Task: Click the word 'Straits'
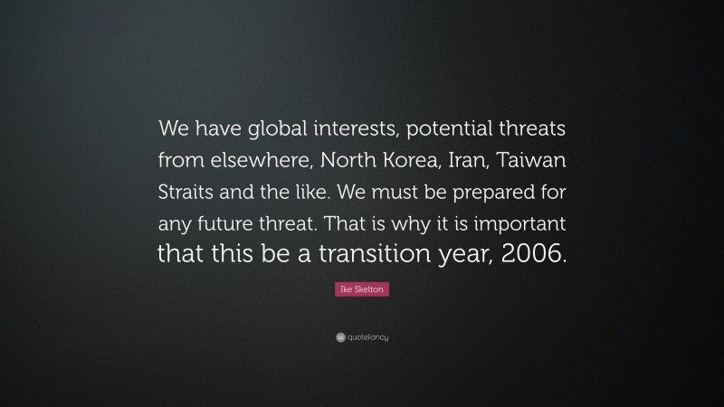pyautogui.click(x=191, y=191)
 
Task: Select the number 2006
pyautogui.click(x=538, y=254)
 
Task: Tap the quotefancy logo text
pyautogui.click(x=368, y=337)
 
